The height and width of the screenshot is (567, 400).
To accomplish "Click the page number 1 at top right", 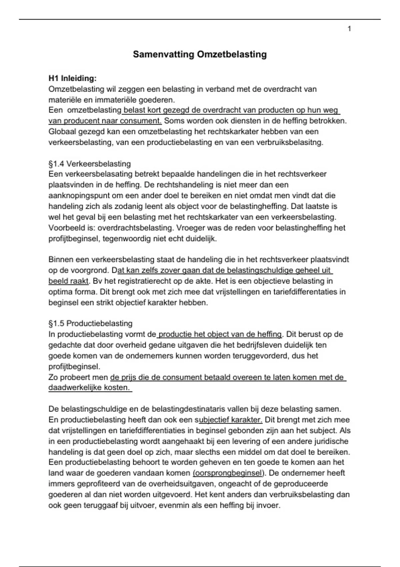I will (349, 29).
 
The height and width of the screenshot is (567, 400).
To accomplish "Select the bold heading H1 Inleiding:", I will (72, 78).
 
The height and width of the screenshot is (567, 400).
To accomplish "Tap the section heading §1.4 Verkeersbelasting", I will (90, 164).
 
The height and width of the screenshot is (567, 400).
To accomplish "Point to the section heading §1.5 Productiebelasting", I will (90, 324).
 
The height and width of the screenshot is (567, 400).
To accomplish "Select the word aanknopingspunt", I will (75, 196).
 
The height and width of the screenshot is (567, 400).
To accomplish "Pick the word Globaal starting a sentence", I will (62, 132).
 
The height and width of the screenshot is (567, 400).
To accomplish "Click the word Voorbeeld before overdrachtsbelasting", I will (65, 228).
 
